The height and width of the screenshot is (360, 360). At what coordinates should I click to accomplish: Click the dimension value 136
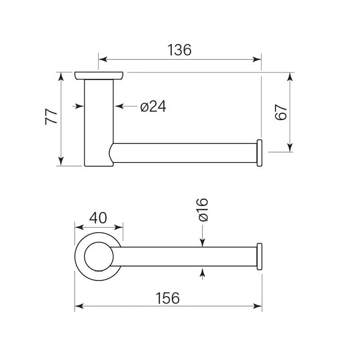pos(179,50)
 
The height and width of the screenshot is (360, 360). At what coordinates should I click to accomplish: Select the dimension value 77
pos(51,117)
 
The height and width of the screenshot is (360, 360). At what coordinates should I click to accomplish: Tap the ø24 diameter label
pos(153,107)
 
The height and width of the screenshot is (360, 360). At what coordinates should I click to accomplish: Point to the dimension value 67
pos(281,112)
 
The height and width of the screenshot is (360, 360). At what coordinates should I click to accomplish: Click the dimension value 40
pos(98,218)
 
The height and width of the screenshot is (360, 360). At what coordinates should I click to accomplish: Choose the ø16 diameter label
pos(203,210)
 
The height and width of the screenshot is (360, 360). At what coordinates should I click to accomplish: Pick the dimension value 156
pos(167,298)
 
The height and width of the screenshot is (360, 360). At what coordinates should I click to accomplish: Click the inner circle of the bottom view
pos(99,256)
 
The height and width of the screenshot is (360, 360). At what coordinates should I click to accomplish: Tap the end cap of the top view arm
pos(259,153)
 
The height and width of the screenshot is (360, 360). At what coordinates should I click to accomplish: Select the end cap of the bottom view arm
pos(259,256)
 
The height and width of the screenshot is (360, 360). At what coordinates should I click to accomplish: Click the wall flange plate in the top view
pos(99,76)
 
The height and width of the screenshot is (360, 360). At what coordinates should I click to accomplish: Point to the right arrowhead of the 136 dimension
pos(257,59)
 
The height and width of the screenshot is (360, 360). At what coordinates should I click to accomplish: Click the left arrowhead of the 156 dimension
pos(79,306)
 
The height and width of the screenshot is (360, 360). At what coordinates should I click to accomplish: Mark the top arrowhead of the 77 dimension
pos(61,76)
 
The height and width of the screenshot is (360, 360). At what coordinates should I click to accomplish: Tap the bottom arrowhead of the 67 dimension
pos(290,148)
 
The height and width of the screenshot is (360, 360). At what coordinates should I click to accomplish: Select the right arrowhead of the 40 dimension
pos(118,228)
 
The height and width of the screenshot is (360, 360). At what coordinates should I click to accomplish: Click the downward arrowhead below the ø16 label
pos(202,243)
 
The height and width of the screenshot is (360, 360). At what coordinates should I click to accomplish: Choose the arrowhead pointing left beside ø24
pos(119,106)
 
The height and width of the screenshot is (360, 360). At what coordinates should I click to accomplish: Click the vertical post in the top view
pos(99,123)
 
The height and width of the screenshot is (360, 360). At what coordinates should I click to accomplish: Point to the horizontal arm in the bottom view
pos(184,256)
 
